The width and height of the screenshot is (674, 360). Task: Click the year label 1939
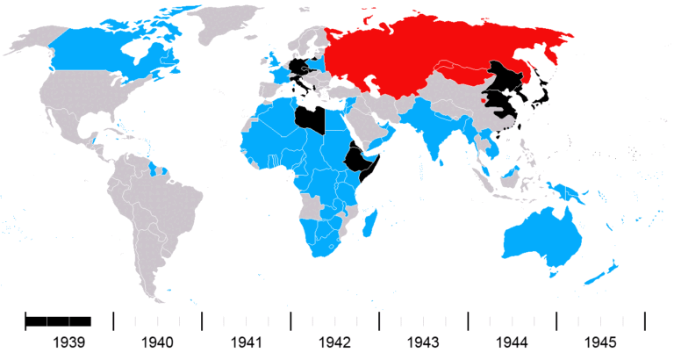(x=69, y=342)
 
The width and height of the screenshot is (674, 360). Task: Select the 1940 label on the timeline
(x=158, y=342)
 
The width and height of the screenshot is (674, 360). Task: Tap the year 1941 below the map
(x=247, y=342)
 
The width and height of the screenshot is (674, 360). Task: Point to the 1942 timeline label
(x=335, y=342)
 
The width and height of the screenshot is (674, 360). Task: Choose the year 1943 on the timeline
(x=424, y=342)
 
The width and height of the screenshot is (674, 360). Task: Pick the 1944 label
(x=513, y=342)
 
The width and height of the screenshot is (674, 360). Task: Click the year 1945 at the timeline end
(x=601, y=342)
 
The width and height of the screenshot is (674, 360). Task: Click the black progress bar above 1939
(x=58, y=320)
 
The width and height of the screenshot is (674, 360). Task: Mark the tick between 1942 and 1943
(x=379, y=320)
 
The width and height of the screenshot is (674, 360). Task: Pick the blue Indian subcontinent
(x=430, y=132)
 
